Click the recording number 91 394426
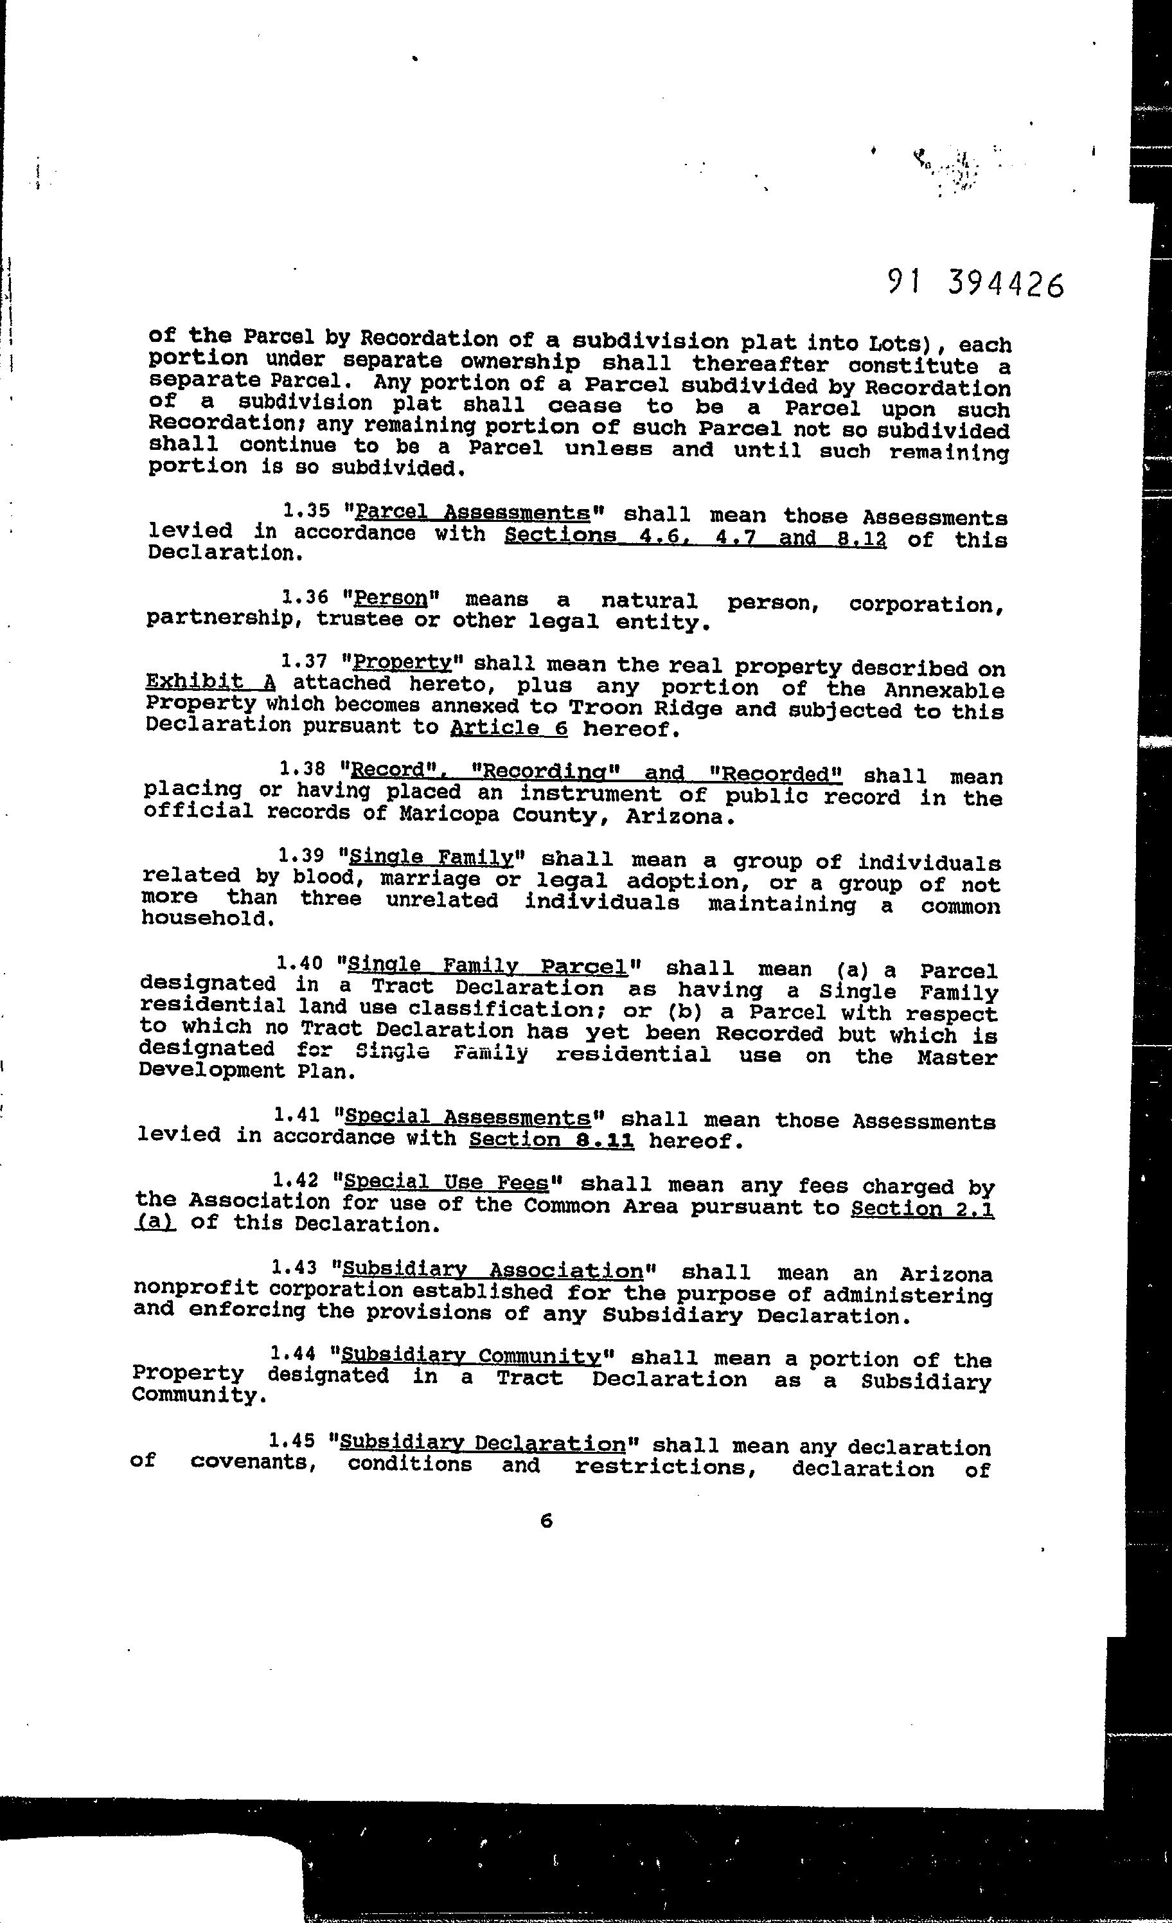pyautogui.click(x=975, y=284)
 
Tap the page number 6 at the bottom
pyautogui.click(x=546, y=1520)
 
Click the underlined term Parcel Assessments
pyautogui.click(x=472, y=513)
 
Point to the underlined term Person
pyautogui.click(x=391, y=598)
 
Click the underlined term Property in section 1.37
pyautogui.click(x=402, y=663)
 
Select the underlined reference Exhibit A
pyautogui.click(x=211, y=682)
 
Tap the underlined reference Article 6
pyautogui.click(x=509, y=729)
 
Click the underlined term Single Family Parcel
pyautogui.click(x=488, y=966)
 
